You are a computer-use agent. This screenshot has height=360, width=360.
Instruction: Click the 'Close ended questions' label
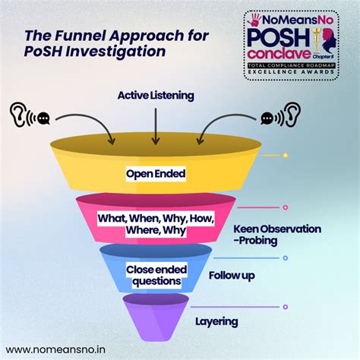(x=154, y=275)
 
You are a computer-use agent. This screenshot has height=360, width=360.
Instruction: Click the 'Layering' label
(x=216, y=321)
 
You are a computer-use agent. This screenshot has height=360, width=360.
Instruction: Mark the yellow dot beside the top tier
(x=285, y=155)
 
